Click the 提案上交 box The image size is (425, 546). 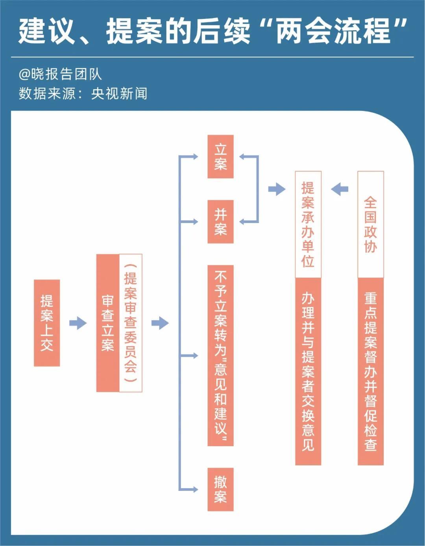[47, 323]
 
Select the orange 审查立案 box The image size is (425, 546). [107, 323]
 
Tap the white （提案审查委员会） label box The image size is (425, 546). [131, 323]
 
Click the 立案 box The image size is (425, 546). [220, 157]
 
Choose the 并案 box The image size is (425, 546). [220, 221]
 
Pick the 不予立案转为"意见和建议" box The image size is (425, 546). [220, 356]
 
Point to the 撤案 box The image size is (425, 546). [220, 489]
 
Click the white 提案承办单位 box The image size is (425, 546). [308, 224]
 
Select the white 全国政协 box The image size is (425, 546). [370, 224]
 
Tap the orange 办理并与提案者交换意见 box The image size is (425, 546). [308, 371]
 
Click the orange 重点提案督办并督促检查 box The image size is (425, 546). [370, 371]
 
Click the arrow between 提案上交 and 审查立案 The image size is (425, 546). [78, 323]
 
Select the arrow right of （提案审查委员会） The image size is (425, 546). [160, 323]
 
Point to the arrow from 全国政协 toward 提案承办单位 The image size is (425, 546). [340, 189]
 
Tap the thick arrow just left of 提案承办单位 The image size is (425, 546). [277, 189]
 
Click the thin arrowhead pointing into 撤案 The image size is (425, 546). [194, 489]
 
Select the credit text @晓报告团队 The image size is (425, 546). [60, 74]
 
